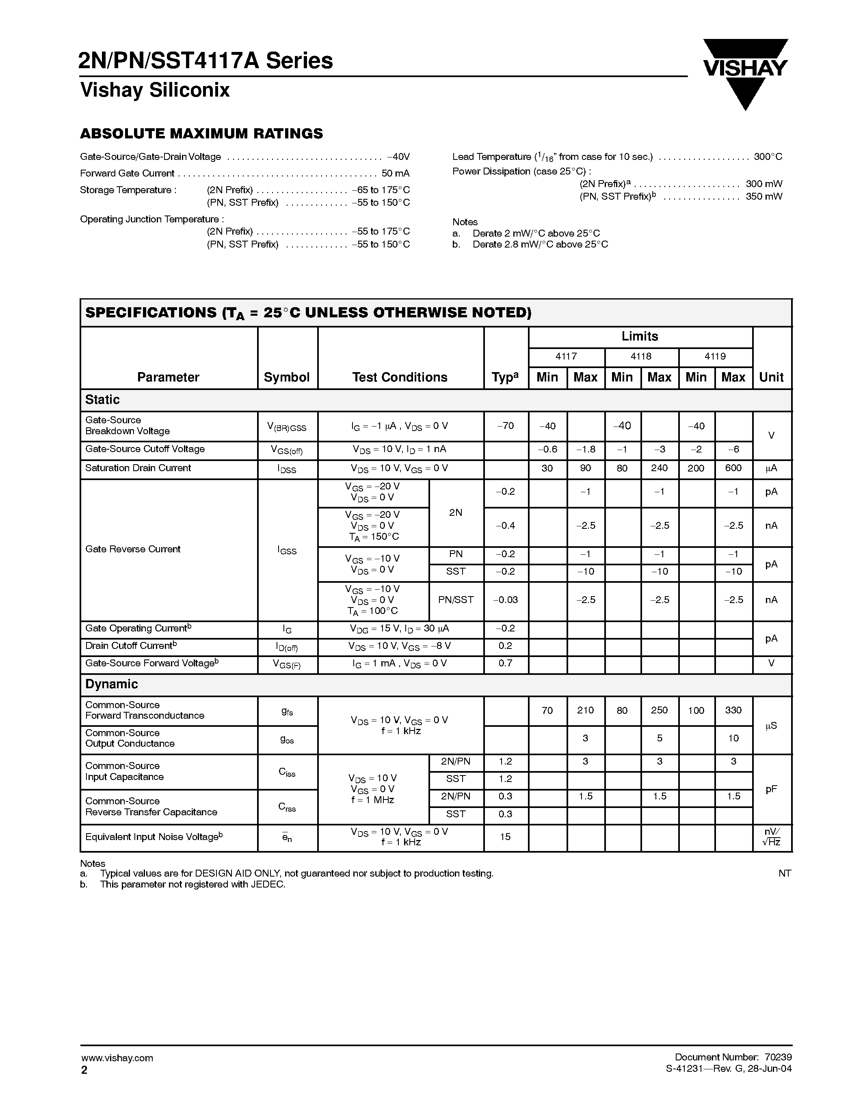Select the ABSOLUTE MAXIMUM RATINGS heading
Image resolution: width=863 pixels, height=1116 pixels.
(201, 134)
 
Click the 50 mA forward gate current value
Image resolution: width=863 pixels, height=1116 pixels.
(395, 174)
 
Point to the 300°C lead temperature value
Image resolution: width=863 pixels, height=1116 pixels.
(768, 157)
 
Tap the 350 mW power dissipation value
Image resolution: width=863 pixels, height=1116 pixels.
(764, 197)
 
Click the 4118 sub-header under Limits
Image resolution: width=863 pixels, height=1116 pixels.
(641, 357)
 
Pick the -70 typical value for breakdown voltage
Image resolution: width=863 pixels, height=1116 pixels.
(505, 426)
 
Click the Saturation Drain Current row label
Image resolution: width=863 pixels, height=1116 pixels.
(138, 468)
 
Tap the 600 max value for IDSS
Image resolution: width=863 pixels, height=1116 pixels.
(733, 468)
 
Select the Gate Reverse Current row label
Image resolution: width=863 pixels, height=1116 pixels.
(133, 549)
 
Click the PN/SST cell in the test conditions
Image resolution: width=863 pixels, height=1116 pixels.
(456, 600)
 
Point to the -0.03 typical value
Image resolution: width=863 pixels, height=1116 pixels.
(505, 600)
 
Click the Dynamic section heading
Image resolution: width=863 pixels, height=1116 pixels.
(111, 684)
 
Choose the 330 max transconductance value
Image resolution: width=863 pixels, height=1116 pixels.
(733, 710)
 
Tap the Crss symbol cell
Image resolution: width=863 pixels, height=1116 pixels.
(287, 807)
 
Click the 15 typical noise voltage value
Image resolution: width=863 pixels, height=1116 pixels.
(505, 836)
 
